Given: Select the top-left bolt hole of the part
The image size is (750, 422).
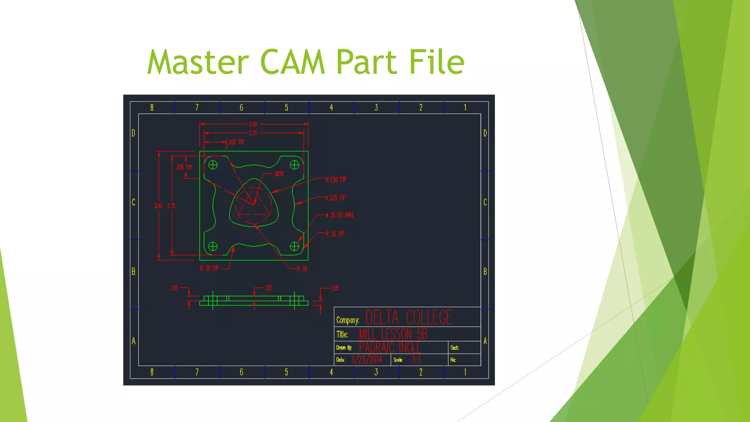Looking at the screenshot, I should point(213,165).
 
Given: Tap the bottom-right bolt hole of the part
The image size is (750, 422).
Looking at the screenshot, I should point(294,246).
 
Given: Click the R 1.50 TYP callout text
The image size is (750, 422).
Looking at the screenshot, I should point(336,179).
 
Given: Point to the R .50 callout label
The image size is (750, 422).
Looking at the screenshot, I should point(302,269).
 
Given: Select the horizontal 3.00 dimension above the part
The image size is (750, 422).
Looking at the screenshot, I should point(253,124).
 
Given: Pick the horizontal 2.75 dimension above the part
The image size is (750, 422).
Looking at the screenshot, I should point(253,133).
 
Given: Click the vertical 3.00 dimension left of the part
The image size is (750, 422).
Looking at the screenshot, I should point(158,206).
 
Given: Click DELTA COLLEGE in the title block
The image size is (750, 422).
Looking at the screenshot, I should point(409,317).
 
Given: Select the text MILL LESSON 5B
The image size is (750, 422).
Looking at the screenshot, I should point(393,334).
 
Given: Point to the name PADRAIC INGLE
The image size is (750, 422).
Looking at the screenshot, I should point(390,347).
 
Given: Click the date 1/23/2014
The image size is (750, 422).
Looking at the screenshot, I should point(367,360).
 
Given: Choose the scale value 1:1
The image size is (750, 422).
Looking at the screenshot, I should point(416,360).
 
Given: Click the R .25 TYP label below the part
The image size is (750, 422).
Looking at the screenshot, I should point(209,269).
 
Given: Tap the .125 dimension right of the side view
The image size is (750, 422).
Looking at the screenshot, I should point(334,288).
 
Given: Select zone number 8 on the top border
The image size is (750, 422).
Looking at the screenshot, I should point(152,107).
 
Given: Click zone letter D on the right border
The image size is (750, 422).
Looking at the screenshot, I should point(485,133).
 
